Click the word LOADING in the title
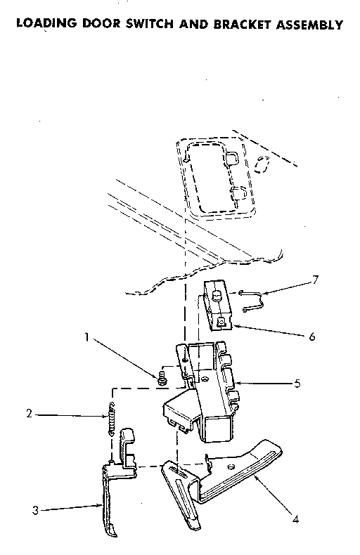(x=46, y=25)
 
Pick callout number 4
(x=295, y=520)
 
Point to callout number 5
(x=297, y=384)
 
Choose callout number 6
(x=311, y=337)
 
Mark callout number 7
(x=315, y=280)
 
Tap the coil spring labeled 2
(x=110, y=419)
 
